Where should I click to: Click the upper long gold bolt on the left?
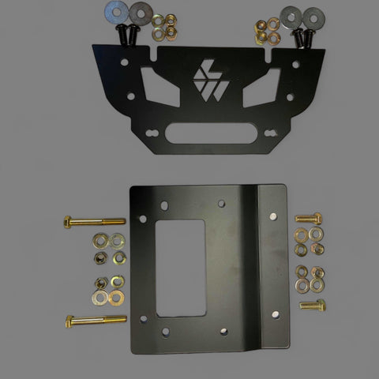pyautogui.click(x=92, y=221)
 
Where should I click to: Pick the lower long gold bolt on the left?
pyautogui.click(x=92, y=321)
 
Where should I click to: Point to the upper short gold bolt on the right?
pyautogui.click(x=309, y=218)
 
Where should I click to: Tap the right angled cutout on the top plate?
pyautogui.click(x=254, y=97)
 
